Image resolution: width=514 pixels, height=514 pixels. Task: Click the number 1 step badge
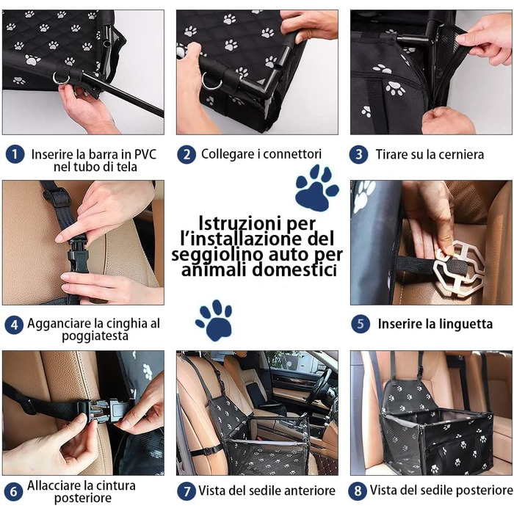[x=15, y=154]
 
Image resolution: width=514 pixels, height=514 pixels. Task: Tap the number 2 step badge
[x=187, y=154]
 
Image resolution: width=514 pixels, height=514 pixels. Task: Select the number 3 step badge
[x=358, y=154]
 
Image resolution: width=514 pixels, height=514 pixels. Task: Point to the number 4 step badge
[x=14, y=325]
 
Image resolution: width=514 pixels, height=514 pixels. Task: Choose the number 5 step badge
[x=361, y=324]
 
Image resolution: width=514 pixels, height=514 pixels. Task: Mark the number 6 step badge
[x=13, y=491]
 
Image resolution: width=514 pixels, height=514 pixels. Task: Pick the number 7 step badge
[x=187, y=491]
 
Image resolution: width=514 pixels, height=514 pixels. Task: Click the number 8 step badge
[x=358, y=491]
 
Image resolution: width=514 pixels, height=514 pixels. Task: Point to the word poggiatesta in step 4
[x=95, y=336]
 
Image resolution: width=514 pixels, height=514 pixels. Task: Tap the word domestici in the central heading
[x=294, y=270]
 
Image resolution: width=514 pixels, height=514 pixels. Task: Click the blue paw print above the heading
[x=316, y=188]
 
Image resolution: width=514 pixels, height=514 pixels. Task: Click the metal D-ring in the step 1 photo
[x=61, y=79]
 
